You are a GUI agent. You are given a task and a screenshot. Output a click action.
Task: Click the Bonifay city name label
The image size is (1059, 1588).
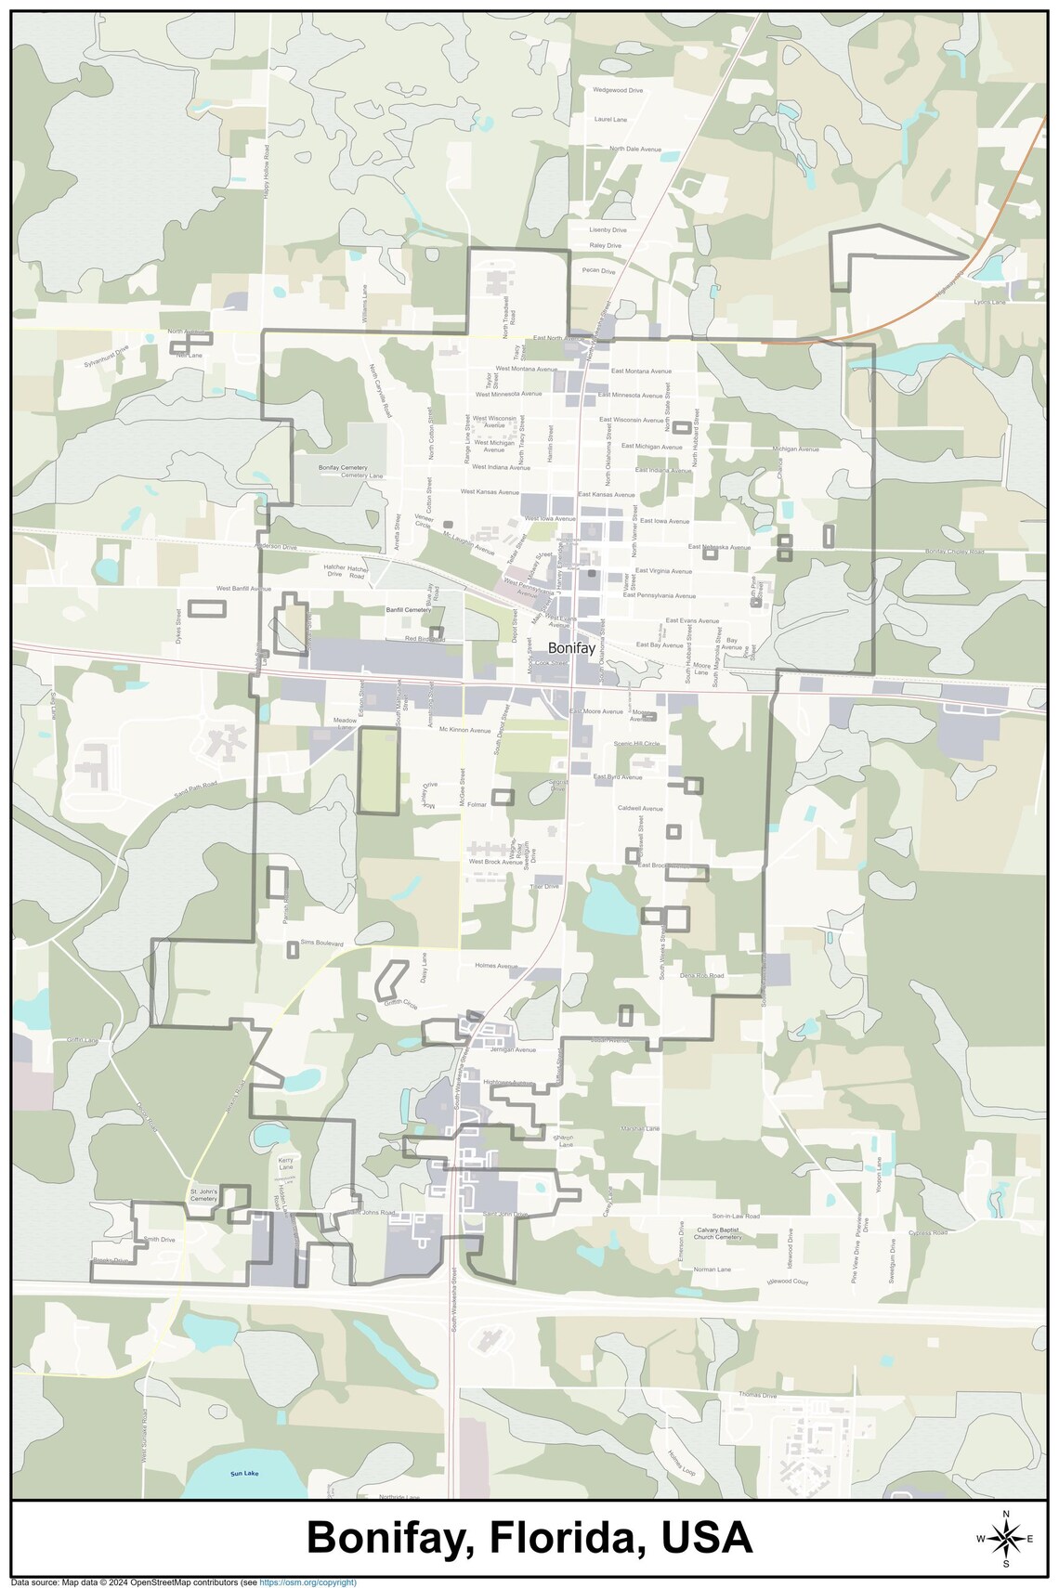pyautogui.click(x=571, y=648)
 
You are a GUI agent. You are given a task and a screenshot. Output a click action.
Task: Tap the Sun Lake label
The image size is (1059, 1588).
pyautogui.click(x=244, y=1474)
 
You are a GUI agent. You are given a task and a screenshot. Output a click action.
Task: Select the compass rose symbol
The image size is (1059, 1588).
pyautogui.click(x=1005, y=1539)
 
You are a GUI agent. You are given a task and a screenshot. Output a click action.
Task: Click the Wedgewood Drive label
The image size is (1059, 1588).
pyautogui.click(x=618, y=90)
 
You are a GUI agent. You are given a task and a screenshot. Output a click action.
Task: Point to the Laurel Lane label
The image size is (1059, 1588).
pyautogui.click(x=610, y=120)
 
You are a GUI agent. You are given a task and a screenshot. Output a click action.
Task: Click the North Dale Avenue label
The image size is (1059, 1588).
pyautogui.click(x=635, y=149)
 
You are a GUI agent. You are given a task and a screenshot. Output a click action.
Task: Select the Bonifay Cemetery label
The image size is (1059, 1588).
pyautogui.click(x=343, y=468)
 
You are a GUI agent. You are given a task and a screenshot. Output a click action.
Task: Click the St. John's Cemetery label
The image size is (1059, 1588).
pyautogui.click(x=203, y=1195)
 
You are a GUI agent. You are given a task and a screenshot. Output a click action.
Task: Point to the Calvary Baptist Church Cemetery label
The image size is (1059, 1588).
pyautogui.click(x=718, y=1233)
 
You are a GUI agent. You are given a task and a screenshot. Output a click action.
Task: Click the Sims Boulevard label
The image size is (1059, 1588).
pyautogui.click(x=321, y=943)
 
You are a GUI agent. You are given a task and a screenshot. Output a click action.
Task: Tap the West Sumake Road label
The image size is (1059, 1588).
pyautogui.click(x=145, y=1436)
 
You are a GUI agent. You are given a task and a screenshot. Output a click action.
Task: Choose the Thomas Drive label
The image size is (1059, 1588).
pyautogui.click(x=757, y=1395)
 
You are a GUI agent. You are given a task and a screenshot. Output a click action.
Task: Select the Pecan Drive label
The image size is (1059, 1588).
pyautogui.click(x=598, y=271)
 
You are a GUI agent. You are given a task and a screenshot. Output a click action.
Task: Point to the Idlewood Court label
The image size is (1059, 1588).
pyautogui.click(x=788, y=1282)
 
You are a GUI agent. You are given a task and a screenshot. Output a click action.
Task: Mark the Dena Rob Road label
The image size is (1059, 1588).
pyautogui.click(x=701, y=976)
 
